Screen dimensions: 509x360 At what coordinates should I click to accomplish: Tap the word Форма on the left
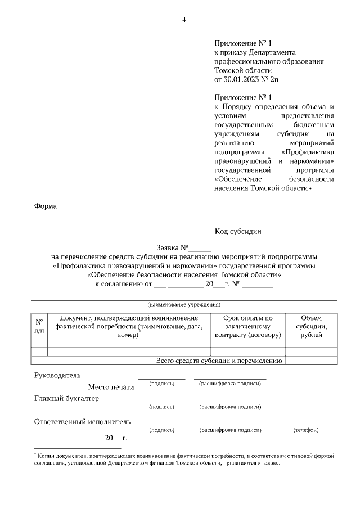click(x=46, y=206)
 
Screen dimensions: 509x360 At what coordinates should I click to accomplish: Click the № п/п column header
click(x=39, y=326)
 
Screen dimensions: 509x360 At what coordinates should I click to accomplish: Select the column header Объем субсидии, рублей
click(x=311, y=326)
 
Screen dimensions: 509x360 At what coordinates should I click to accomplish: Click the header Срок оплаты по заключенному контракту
click(x=247, y=326)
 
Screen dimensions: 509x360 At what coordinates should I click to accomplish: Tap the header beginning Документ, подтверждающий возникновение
click(x=128, y=326)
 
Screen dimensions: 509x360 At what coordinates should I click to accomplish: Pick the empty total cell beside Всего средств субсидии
click(x=311, y=361)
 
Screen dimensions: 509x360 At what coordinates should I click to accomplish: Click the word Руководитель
click(x=57, y=375)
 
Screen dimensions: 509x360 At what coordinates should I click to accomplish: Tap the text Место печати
click(x=111, y=387)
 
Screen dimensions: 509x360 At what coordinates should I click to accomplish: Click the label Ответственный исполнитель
click(x=82, y=421)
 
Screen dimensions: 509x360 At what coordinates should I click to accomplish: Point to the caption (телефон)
click(x=306, y=430)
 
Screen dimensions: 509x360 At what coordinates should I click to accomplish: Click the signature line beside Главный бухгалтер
click(x=161, y=402)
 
